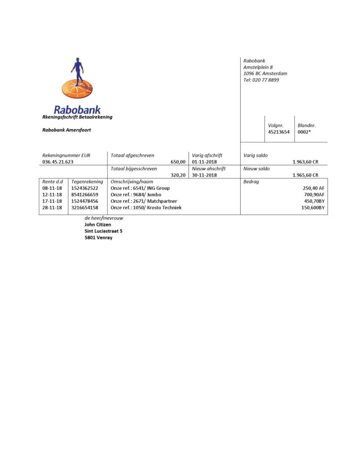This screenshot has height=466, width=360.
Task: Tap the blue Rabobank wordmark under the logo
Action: coord(77,110)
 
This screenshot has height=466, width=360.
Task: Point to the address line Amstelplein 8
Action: coord(258,67)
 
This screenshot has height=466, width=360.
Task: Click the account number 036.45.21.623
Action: coord(58,162)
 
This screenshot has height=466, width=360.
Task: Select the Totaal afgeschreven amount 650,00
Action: coord(178,162)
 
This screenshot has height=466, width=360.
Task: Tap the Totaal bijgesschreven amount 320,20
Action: coord(178,175)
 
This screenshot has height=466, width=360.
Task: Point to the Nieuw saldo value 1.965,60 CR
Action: coord(305,175)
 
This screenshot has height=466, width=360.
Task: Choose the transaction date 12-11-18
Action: coord(52,195)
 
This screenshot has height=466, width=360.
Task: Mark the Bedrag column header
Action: coord(252,182)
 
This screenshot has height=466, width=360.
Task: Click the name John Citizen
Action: coord(98,224)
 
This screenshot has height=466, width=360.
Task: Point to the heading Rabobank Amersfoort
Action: coord(66,130)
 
